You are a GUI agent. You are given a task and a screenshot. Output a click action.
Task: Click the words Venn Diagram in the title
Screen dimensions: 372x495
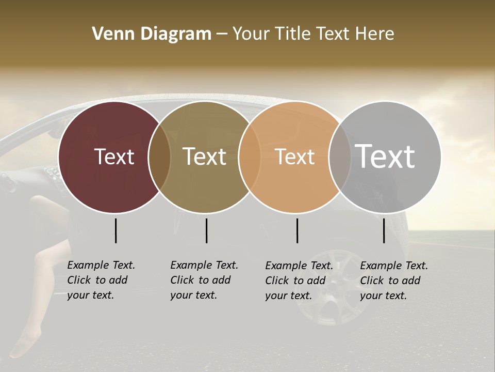point(151,34)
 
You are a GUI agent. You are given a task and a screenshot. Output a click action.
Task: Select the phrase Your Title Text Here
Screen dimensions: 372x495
point(313,34)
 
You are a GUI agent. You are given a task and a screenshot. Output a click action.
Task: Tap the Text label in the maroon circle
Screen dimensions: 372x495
point(114,157)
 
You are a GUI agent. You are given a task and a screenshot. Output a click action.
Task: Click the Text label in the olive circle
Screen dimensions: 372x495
point(204,157)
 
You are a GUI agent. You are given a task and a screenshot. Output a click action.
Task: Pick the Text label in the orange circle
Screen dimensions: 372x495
point(294,157)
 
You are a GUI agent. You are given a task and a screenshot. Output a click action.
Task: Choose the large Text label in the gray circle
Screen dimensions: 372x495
point(385,157)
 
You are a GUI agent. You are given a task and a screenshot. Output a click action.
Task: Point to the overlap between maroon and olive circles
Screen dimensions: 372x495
point(159,157)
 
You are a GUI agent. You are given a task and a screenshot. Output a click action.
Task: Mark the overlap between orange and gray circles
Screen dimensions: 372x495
point(338,157)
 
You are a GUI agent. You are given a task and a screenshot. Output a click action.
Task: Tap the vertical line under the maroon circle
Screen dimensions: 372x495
point(115,230)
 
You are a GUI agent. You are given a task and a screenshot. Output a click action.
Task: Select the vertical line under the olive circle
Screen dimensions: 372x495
point(206,230)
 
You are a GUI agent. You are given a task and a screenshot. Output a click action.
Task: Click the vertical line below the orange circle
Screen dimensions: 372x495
point(297,230)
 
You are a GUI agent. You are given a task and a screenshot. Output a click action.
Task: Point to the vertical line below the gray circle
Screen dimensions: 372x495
point(384,230)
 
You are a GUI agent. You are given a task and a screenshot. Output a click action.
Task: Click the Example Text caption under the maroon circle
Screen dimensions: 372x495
point(101,280)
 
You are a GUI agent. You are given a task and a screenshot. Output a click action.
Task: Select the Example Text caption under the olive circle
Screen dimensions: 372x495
point(204,280)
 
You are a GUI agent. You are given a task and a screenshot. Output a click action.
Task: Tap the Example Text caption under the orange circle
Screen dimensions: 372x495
point(299,281)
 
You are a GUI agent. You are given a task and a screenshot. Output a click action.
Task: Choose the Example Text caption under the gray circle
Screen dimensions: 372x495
point(394,281)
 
